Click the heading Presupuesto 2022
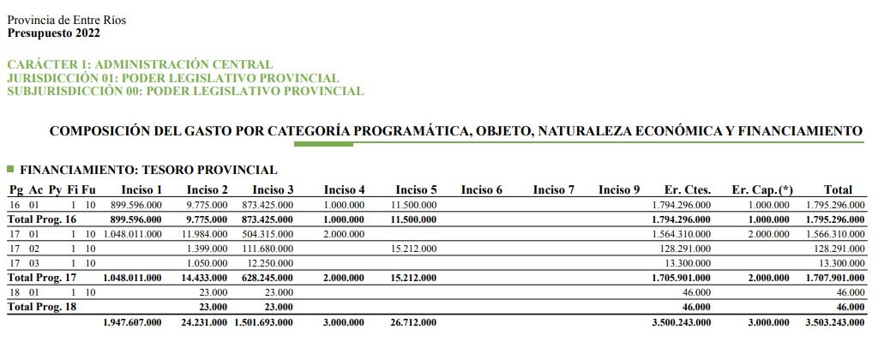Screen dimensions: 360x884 [x=54, y=33]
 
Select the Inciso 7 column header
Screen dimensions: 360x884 [x=553, y=189]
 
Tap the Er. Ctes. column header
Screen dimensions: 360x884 [x=688, y=189]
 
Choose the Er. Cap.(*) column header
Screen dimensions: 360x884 [x=762, y=189]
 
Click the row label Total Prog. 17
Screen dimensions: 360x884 [x=42, y=278]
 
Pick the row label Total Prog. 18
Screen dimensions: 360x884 [x=42, y=307]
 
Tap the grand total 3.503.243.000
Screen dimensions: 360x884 [x=835, y=322]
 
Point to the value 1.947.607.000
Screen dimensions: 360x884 [x=132, y=322]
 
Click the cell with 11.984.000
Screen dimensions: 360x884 [x=206, y=234]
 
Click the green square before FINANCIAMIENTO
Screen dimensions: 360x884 [x=10, y=170]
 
